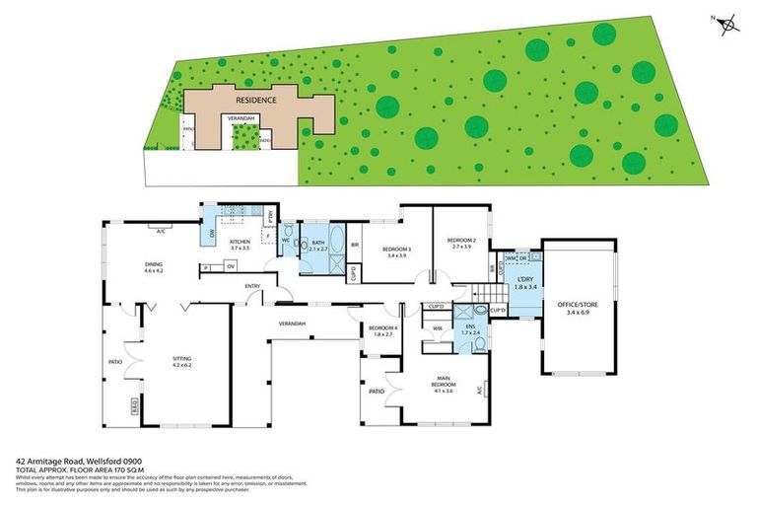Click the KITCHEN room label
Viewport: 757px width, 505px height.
tap(241, 242)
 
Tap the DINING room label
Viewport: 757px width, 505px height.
tap(154, 264)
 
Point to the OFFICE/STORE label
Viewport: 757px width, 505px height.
tap(577, 305)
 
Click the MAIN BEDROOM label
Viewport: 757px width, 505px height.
tap(443, 383)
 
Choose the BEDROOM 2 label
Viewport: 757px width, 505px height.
tap(461, 241)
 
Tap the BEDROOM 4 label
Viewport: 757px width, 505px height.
tap(380, 328)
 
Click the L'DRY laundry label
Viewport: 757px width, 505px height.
tap(526, 282)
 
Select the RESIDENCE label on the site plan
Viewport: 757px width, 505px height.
tap(254, 100)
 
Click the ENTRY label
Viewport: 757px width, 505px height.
tap(253, 287)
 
